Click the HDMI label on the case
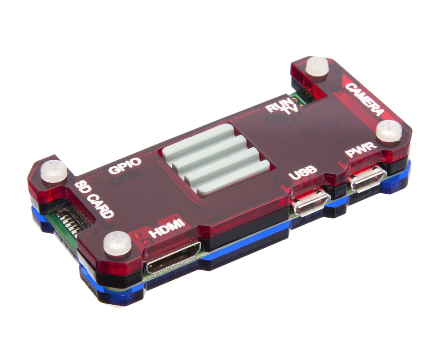click(167, 228)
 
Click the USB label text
click(303, 172)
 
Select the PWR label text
click(361, 150)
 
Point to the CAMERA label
click(365, 100)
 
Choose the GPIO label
click(125, 165)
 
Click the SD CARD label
click(94, 199)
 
